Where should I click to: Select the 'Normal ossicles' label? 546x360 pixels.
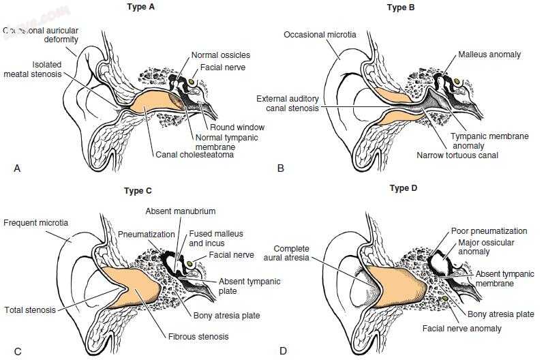click(x=220, y=55)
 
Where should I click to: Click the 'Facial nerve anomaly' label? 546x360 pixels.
click(x=461, y=329)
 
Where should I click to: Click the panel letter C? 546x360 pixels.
click(x=18, y=351)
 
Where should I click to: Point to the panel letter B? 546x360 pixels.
click(x=281, y=167)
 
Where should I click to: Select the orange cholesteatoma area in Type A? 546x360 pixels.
click(x=153, y=104)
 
